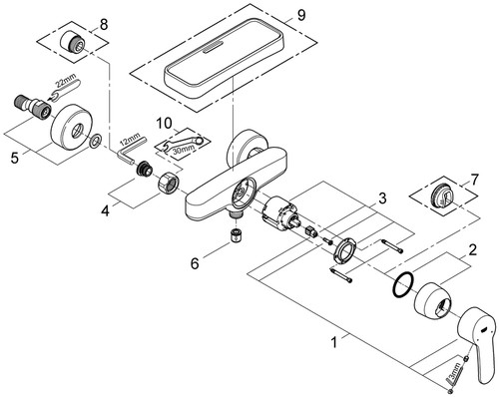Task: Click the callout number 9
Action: click(301, 15)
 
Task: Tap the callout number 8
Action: click(104, 25)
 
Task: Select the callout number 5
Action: click(14, 158)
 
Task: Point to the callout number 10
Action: click(165, 124)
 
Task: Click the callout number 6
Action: click(195, 264)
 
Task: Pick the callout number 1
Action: click(335, 342)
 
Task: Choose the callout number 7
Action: click(474, 180)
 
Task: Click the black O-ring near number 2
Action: click(403, 285)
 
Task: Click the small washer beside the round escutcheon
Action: click(95, 141)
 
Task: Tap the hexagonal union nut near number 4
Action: click(169, 184)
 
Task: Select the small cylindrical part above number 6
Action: click(236, 235)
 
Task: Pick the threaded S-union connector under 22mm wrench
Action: click(32, 105)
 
